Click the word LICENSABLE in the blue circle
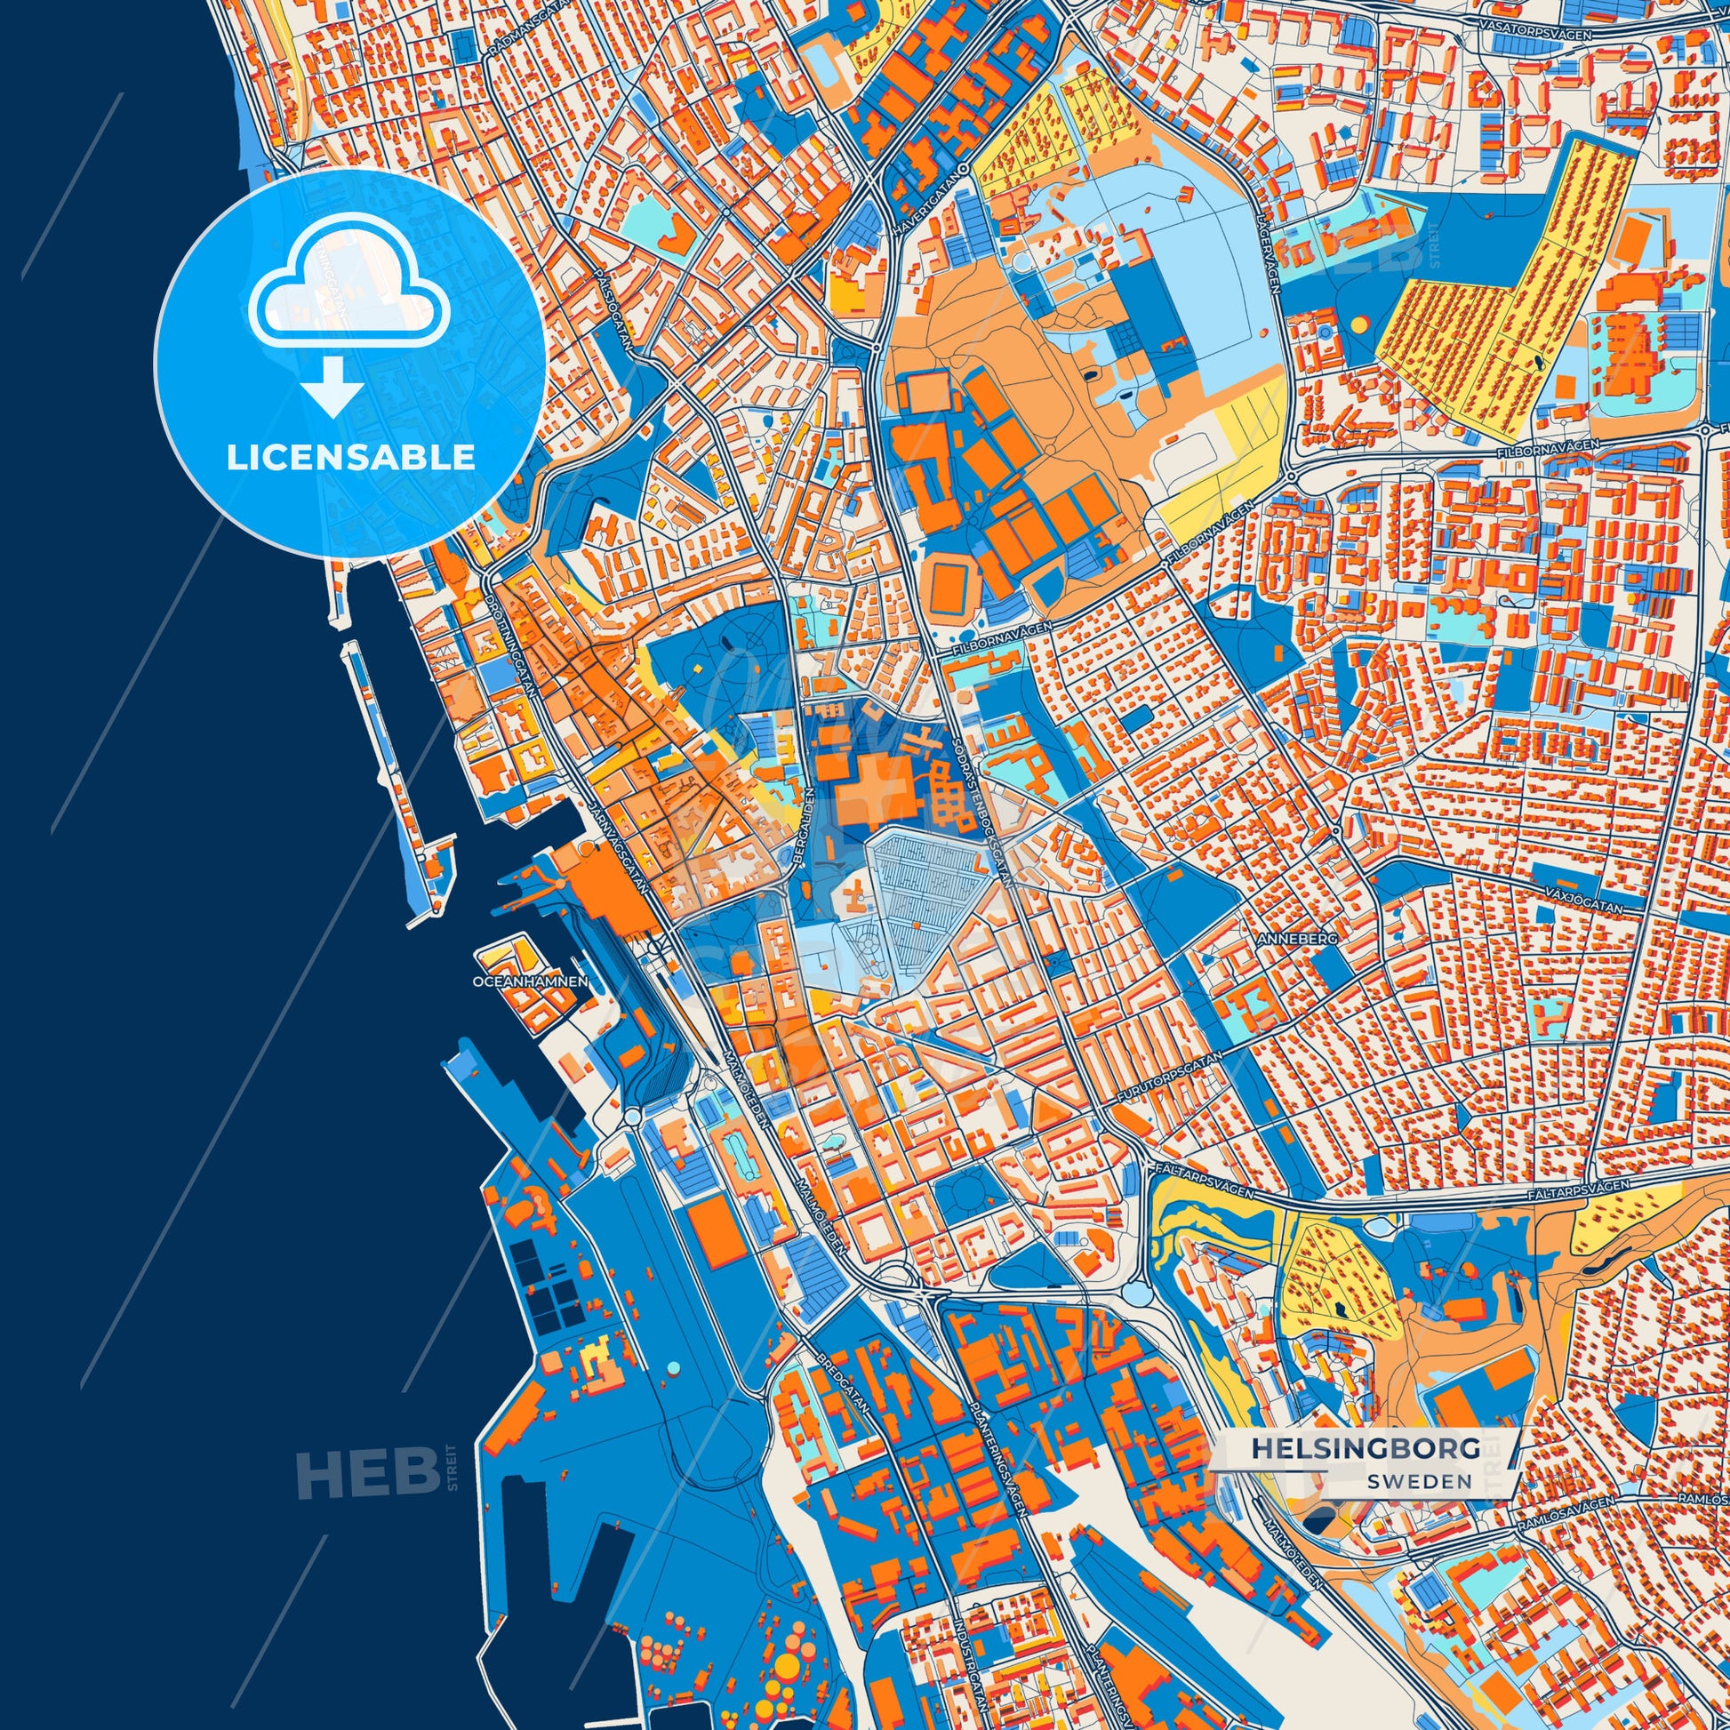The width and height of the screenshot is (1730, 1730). (x=350, y=458)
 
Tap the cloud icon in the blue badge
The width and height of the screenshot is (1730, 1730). (x=350, y=294)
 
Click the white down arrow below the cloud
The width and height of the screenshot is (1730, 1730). (x=332, y=386)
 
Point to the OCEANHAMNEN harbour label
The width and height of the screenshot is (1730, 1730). (x=530, y=981)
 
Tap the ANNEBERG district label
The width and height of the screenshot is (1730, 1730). (x=1296, y=939)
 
